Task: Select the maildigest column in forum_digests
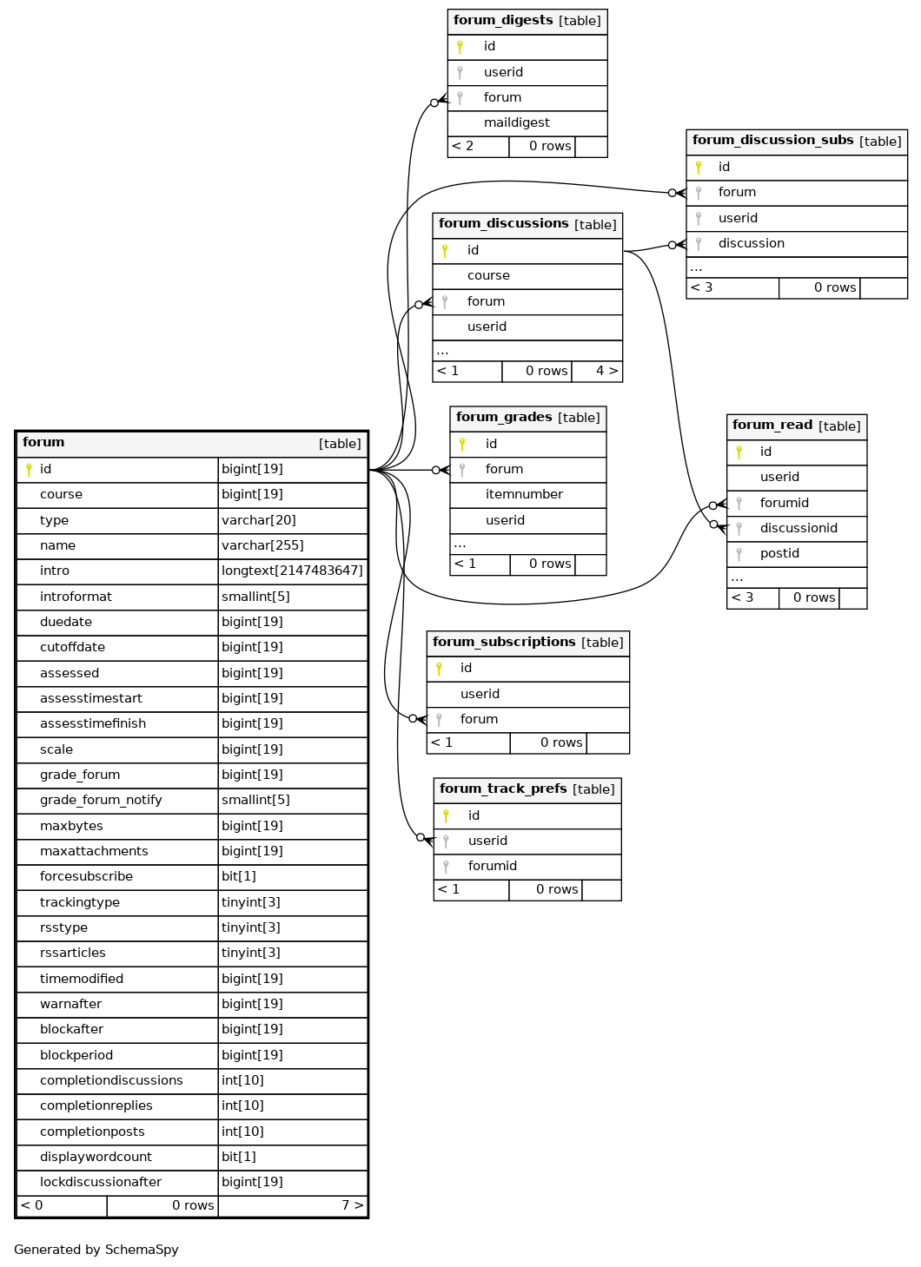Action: click(516, 122)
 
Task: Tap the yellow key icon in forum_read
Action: click(739, 452)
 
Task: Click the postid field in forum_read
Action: click(779, 553)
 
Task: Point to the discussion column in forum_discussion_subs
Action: click(752, 243)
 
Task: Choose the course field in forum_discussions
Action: click(488, 275)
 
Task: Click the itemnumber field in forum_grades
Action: click(524, 494)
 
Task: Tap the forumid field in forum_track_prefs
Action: click(493, 866)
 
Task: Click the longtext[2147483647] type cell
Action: click(292, 571)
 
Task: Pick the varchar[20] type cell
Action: click(259, 520)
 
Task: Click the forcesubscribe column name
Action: click(86, 876)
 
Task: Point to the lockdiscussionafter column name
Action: click(101, 1182)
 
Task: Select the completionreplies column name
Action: click(96, 1105)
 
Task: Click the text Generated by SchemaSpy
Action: click(96, 1250)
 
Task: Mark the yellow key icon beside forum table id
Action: click(29, 470)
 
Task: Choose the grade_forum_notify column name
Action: click(101, 800)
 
